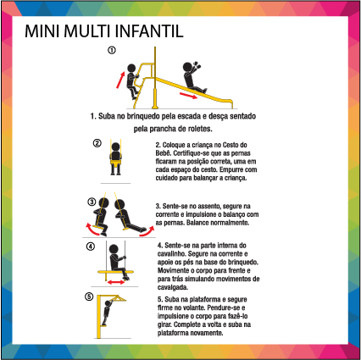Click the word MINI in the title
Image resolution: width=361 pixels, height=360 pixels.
pos(42,31)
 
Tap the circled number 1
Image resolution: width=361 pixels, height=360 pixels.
pos(112,50)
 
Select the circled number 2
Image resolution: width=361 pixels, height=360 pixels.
pos(97,143)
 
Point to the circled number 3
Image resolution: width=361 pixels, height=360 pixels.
pos(92,202)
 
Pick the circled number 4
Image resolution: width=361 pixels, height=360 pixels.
pos(91,246)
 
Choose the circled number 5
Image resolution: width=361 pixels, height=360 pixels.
pos(89,296)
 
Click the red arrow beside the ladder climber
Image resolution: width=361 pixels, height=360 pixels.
pos(120,80)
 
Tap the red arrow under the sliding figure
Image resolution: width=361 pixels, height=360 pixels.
pos(188,96)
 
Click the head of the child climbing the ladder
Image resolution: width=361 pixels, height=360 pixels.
pos(131,68)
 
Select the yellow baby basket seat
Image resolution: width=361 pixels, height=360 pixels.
pos(115,163)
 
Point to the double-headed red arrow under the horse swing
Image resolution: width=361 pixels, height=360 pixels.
pos(116,282)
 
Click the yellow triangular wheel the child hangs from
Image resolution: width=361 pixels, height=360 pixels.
pos(118,298)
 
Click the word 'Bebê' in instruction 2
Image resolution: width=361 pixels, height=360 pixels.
pos(163,153)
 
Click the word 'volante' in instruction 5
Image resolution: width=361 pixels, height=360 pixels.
pos(195,307)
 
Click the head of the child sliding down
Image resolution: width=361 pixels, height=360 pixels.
pos(187,67)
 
